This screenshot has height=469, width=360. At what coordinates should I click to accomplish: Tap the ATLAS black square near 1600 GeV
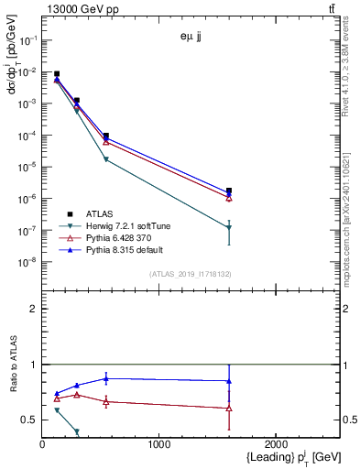(229, 191)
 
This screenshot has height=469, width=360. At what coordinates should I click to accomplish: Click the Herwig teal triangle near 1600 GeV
(229, 227)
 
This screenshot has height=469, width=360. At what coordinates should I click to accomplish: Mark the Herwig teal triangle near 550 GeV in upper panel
(106, 159)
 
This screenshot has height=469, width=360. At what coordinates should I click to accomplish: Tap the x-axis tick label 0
(42, 445)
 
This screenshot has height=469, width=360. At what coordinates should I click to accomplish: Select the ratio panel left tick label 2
(33, 309)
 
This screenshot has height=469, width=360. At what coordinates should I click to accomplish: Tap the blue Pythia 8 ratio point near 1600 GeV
(229, 381)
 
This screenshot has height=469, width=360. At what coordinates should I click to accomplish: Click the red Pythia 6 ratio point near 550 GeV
(106, 401)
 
